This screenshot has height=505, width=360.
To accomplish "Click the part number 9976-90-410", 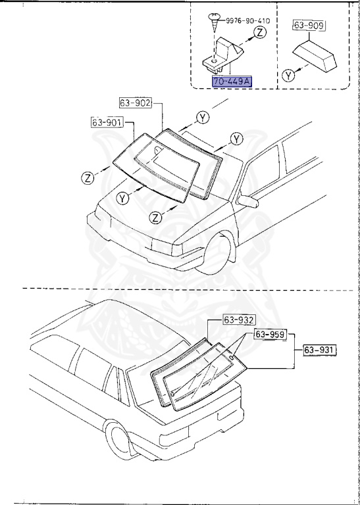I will [x=247, y=20].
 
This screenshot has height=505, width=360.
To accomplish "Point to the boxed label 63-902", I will [x=136, y=103].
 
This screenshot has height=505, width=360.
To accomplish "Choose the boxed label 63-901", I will [x=107, y=122].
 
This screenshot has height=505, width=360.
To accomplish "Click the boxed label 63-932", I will [x=238, y=320].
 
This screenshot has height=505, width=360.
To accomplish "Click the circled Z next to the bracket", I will [x=261, y=31].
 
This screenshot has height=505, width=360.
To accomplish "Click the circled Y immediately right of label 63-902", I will [x=203, y=118].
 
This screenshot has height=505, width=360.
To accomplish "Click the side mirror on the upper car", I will [x=248, y=200].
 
